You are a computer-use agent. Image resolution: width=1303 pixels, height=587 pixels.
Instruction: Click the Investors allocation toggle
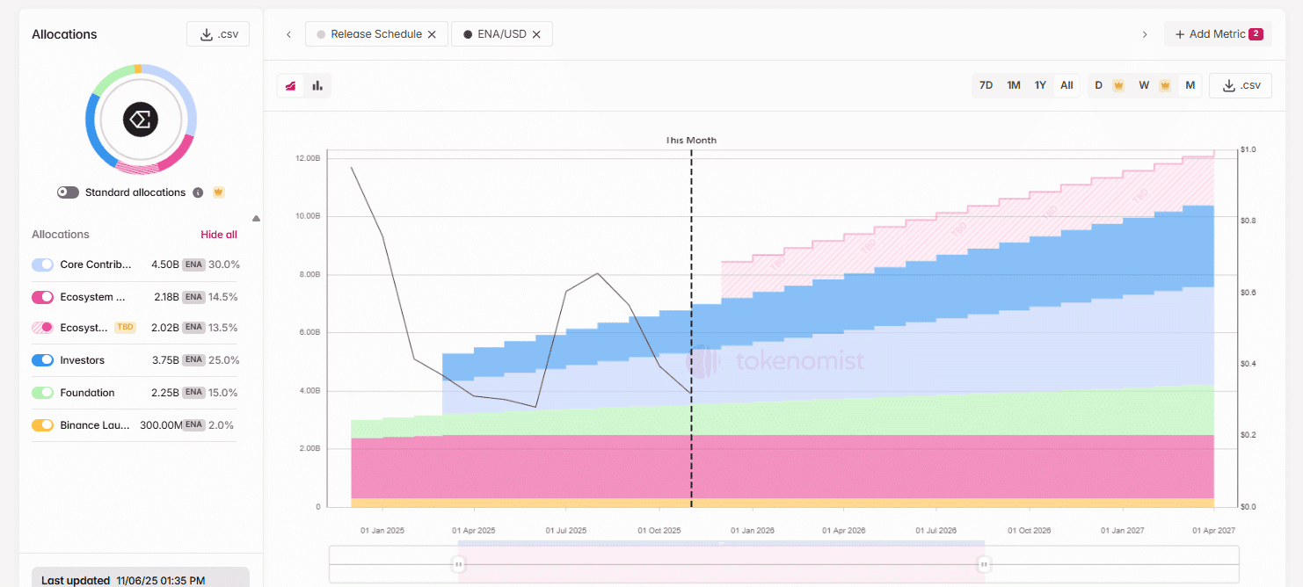point(42,360)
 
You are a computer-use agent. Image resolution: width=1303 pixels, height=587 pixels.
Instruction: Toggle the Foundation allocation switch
point(42,393)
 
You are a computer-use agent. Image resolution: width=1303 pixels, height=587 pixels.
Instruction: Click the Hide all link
point(219,235)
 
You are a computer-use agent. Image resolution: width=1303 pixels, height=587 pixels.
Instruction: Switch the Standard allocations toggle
point(69,192)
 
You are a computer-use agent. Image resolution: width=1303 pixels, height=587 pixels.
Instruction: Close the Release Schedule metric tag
point(432,34)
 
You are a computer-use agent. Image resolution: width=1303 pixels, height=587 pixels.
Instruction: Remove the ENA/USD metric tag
point(536,34)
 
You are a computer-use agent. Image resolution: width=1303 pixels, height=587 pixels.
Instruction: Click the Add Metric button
point(1219,34)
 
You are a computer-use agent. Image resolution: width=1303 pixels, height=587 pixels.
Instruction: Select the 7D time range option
point(986,85)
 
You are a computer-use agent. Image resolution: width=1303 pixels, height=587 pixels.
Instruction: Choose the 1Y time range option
point(1040,85)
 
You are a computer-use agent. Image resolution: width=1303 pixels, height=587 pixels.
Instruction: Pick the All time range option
point(1066,85)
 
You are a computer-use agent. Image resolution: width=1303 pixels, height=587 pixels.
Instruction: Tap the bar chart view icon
point(317,85)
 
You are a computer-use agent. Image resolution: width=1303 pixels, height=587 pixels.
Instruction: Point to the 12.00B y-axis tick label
point(308,158)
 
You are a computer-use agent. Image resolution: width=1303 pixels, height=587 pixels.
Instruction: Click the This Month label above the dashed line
point(691,141)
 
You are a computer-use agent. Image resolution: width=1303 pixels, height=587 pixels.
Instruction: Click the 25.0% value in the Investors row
point(224,360)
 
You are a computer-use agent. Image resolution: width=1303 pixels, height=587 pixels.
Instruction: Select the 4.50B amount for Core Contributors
point(165,265)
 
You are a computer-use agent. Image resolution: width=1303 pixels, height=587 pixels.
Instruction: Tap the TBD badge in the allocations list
point(125,327)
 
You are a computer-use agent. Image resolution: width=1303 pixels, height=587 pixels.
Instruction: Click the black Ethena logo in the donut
point(140,120)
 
